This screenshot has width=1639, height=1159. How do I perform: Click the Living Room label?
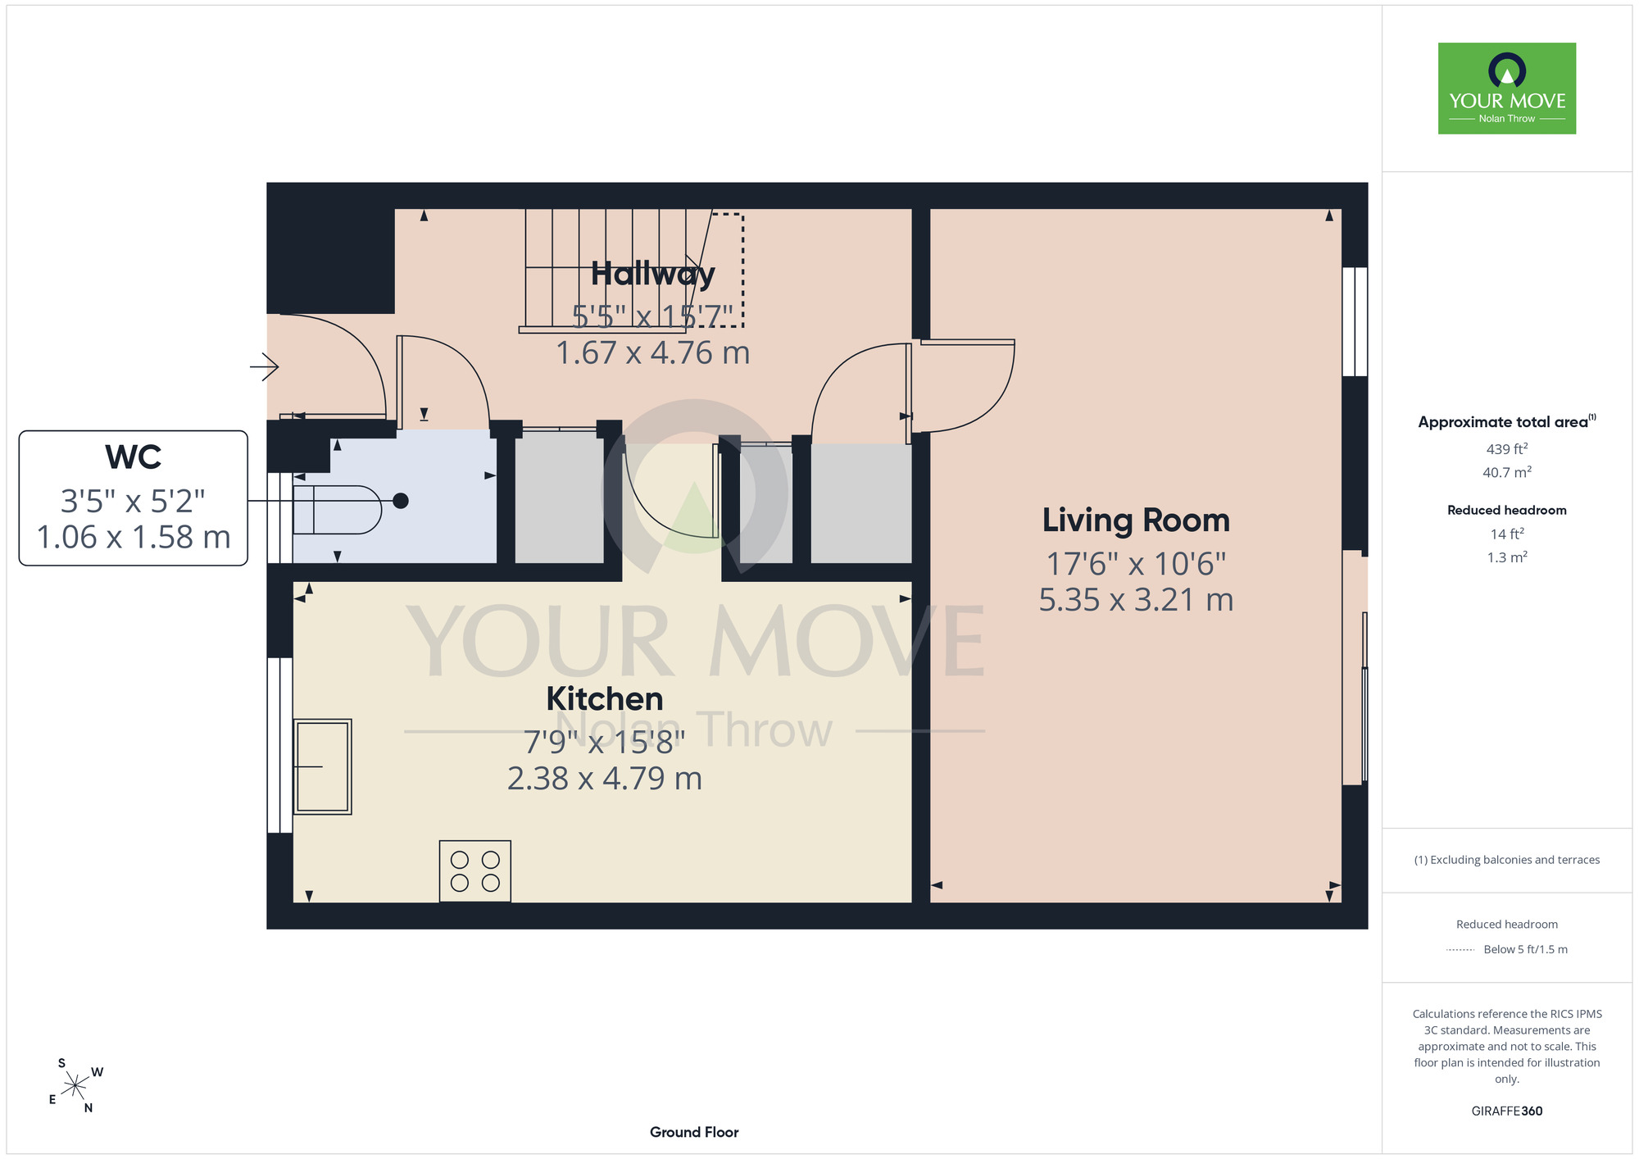tap(1136, 520)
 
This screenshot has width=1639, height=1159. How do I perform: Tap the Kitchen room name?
tap(605, 699)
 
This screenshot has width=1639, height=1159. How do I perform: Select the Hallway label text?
tap(653, 275)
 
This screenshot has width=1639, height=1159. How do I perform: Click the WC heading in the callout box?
tap(134, 457)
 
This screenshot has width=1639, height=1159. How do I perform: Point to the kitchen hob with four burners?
tap(475, 871)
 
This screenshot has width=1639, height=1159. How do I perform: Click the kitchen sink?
tap(322, 766)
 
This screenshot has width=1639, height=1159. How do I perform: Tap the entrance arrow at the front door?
tap(264, 366)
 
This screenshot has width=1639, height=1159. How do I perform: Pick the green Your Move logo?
tap(1507, 89)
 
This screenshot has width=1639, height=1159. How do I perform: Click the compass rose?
tap(75, 1086)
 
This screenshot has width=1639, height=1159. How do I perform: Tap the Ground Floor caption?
tap(694, 1132)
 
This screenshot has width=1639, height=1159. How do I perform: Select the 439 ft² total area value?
tap(1507, 449)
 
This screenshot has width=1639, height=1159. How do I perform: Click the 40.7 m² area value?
tap(1507, 472)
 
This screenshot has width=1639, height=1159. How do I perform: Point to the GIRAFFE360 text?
tap(1507, 1111)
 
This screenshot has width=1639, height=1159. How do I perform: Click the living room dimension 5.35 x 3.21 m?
tap(1136, 600)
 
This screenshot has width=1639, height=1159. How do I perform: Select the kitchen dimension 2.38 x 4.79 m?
tap(605, 779)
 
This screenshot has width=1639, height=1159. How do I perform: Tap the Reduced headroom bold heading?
tap(1507, 510)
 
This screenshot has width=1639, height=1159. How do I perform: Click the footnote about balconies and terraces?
tap(1507, 860)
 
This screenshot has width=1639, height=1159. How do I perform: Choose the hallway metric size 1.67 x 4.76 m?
tap(653, 353)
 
